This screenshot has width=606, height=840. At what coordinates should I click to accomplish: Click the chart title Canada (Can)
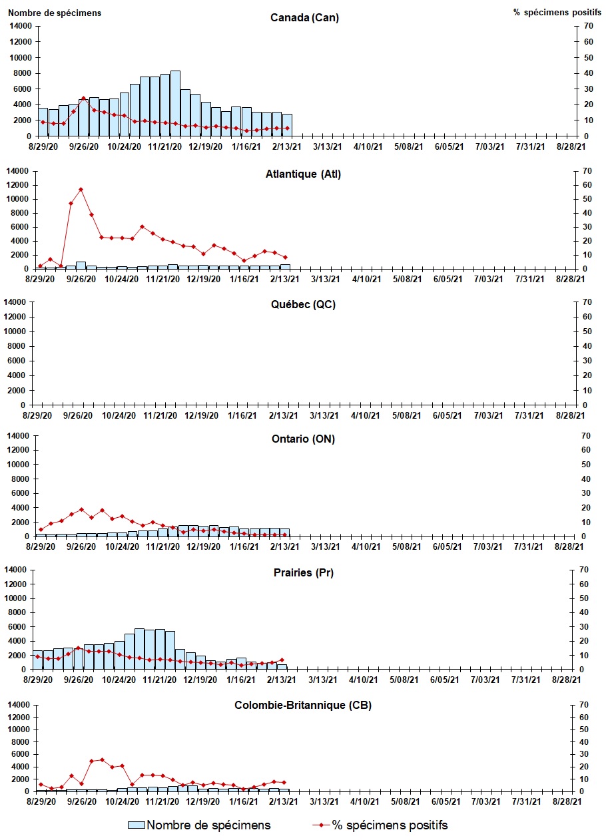(304, 17)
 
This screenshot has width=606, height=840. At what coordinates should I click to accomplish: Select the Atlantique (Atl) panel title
(303, 174)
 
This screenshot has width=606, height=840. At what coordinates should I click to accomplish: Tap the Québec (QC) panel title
(303, 305)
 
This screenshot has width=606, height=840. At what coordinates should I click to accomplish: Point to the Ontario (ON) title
(303, 439)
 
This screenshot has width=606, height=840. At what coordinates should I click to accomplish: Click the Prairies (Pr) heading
(303, 572)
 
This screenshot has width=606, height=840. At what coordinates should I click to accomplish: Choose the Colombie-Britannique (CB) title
(303, 706)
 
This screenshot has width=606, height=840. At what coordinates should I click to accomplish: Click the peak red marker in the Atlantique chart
(81, 189)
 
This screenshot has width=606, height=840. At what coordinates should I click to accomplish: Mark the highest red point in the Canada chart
(83, 99)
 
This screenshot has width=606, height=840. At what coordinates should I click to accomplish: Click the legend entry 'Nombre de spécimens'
(200, 825)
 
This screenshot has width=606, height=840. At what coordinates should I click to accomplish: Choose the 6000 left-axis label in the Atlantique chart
(21, 227)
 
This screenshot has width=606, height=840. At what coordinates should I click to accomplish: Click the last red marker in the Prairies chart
(282, 660)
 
